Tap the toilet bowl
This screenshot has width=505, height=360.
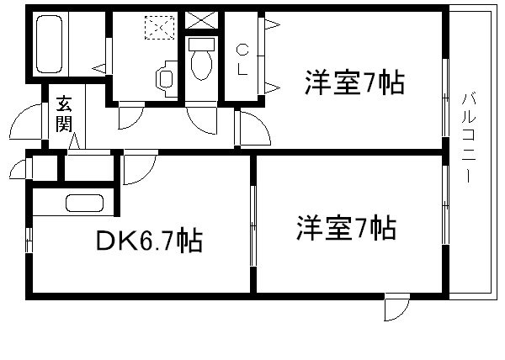[200, 61]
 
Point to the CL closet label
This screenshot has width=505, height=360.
[242, 58]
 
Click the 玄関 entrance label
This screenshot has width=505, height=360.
[64, 117]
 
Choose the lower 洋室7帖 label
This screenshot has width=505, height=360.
[345, 228]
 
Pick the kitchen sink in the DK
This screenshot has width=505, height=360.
[84, 204]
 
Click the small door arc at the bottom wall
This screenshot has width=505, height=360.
[394, 310]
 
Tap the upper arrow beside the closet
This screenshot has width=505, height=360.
[273, 26]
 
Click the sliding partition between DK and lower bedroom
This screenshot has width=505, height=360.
[252, 223]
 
